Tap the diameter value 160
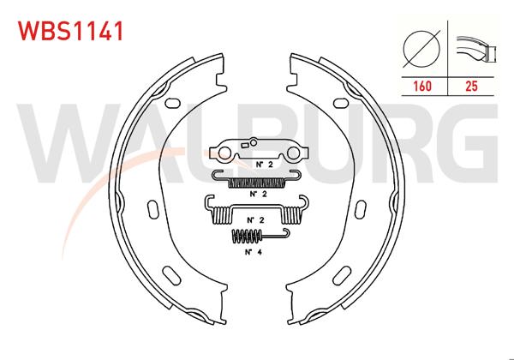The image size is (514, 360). tap(422, 87)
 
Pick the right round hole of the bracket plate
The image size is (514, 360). tap(291, 154)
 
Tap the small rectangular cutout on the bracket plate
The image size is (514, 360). tap(254, 143)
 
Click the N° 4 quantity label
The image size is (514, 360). tap(254, 253)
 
